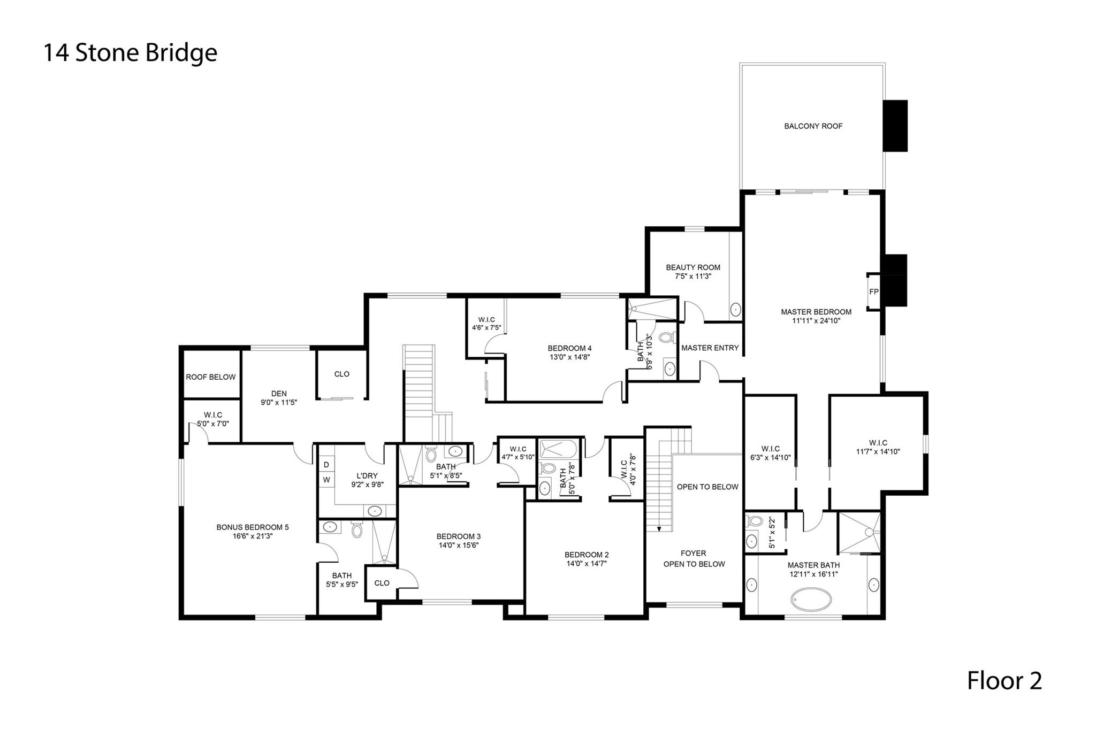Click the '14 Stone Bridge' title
click(x=130, y=53)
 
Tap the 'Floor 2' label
click(x=1004, y=681)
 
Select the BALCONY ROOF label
click(x=813, y=126)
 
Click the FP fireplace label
click(x=873, y=291)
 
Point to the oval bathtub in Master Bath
click(x=811, y=599)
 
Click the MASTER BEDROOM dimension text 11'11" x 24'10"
click(x=816, y=321)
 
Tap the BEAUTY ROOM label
click(x=693, y=267)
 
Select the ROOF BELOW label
click(x=210, y=377)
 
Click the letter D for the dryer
click(x=326, y=465)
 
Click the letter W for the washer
click(x=326, y=480)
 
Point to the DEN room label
click(x=279, y=394)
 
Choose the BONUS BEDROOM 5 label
click(x=252, y=527)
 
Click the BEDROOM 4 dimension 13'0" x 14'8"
click(x=569, y=357)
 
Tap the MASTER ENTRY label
click(x=710, y=348)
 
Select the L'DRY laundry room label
click(x=367, y=475)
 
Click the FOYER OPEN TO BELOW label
click(x=694, y=558)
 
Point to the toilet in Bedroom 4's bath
click(x=666, y=338)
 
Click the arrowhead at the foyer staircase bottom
click(x=659, y=529)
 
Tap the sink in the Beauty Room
click(x=736, y=309)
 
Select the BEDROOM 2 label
click(x=587, y=555)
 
